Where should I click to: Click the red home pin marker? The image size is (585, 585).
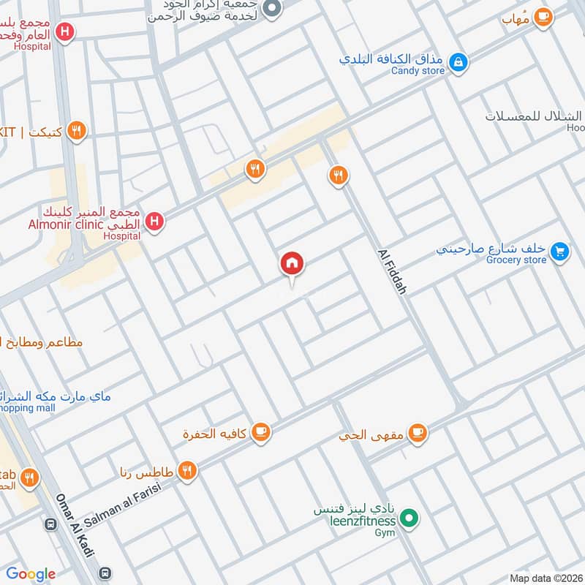pos(292,264)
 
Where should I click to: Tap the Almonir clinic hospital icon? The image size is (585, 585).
pos(154,221)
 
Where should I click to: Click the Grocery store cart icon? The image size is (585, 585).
pos(560,252)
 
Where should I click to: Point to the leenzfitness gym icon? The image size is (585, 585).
pos(410,520)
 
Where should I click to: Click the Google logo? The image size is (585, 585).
pos(31,574)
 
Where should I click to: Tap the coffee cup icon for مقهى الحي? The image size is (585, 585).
pos(418,434)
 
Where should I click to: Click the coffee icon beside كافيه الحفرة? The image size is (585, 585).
pos(261,433)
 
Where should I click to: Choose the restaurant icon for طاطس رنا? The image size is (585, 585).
pos(188,470)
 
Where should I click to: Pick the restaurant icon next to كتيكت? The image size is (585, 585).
pos(76,131)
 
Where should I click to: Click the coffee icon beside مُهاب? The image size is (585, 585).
pos(543,17)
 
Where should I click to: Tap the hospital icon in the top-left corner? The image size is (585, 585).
pos(66,32)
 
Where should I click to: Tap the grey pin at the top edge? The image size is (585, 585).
pos(272,8)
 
